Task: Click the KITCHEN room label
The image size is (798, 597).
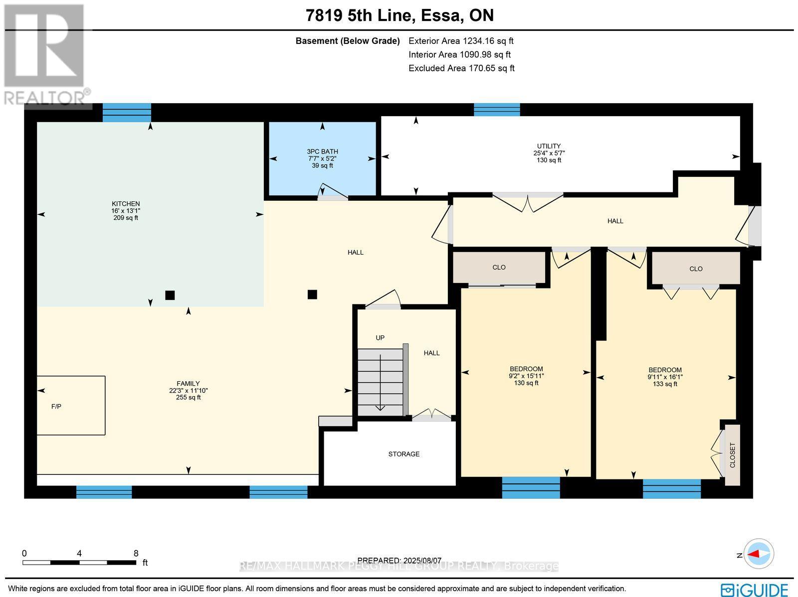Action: (x=126, y=204)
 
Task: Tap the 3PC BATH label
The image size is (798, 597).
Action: (x=322, y=151)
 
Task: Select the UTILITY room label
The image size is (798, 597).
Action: (x=549, y=146)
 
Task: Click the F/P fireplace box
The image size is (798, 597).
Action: (x=71, y=406)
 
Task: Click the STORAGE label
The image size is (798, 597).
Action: (x=404, y=454)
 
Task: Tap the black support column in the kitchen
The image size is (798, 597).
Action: (x=170, y=295)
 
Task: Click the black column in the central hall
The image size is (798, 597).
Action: (x=312, y=295)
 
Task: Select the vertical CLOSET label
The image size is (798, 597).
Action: (x=733, y=454)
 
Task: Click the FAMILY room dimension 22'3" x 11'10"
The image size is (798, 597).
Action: (x=188, y=391)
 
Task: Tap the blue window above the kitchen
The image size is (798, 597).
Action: (x=127, y=113)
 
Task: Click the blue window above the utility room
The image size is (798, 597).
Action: (x=497, y=110)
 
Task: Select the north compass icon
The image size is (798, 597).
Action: (x=758, y=554)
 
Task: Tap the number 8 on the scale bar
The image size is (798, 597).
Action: (x=136, y=553)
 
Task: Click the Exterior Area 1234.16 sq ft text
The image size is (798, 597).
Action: (x=461, y=41)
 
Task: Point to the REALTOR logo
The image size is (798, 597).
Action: (x=46, y=55)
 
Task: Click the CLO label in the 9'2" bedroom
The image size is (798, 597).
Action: (x=499, y=268)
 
